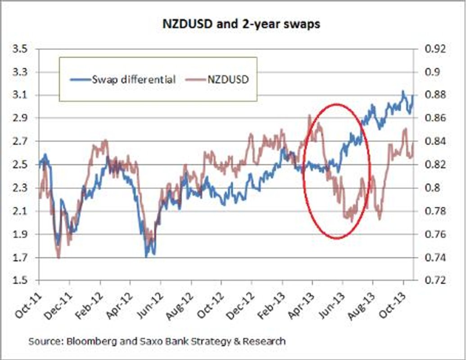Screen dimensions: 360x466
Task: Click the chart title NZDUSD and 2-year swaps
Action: click(x=241, y=24)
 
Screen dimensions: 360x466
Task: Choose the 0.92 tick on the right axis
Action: click(x=434, y=49)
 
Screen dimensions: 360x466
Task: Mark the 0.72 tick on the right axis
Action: click(x=434, y=281)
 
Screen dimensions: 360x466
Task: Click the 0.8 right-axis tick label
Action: click(x=432, y=188)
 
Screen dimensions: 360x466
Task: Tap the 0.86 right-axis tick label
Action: click(x=434, y=118)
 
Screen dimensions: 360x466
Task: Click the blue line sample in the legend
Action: click(x=80, y=80)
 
